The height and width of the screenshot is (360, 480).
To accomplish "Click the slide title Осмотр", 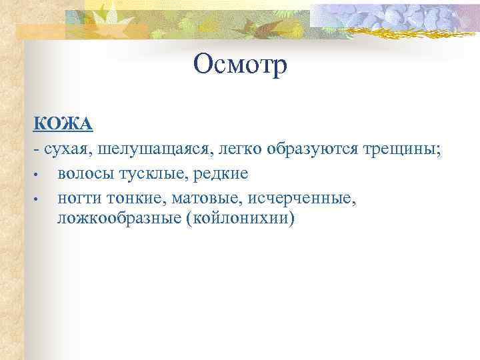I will click(240, 65).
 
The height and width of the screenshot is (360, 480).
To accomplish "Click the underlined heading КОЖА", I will click(63, 124).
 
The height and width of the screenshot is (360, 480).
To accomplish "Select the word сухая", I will click(67, 149).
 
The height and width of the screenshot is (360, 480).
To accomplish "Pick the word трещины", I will click(398, 149).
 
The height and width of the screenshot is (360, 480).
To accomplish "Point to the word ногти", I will click(80, 197).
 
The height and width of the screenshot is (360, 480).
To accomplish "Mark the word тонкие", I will click(133, 197).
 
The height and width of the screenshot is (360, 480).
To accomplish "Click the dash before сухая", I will click(36, 149).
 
